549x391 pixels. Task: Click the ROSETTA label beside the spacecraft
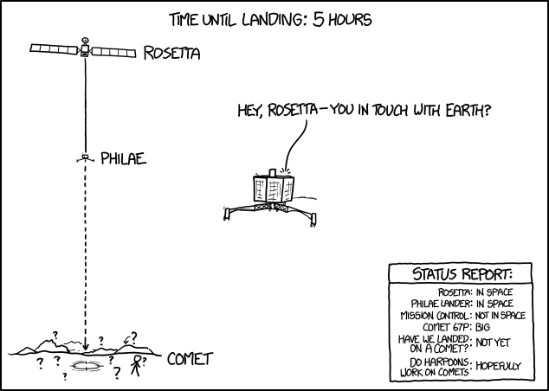[171, 54]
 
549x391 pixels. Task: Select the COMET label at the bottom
[190, 358]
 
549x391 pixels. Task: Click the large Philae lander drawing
[270, 195]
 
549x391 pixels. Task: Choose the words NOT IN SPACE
[501, 316]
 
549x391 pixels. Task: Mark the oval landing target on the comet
[86, 367]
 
